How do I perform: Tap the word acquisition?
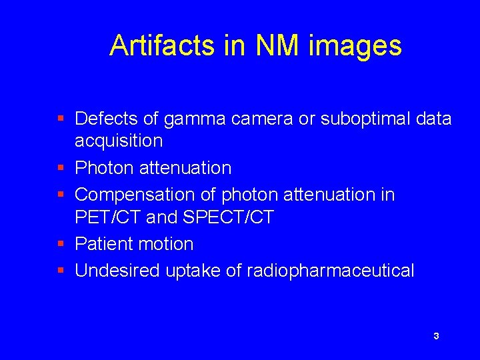coord(119,141)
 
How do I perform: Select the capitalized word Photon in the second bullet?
coord(104,168)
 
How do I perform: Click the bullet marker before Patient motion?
coord(61,244)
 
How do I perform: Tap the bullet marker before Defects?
coord(61,119)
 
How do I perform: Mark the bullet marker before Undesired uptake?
coord(61,271)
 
